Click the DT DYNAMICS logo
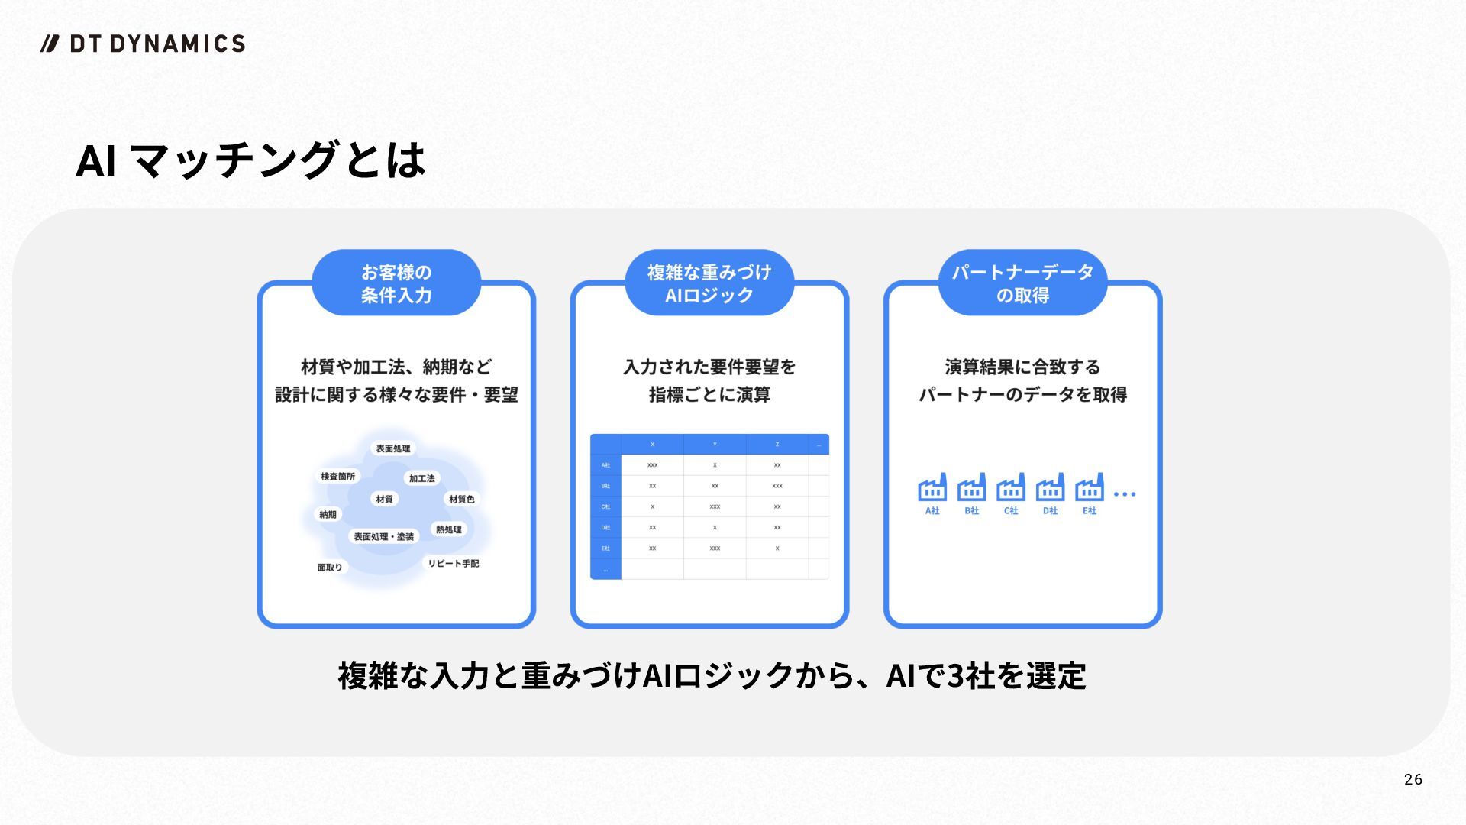tap(143, 44)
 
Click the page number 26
tap(1413, 779)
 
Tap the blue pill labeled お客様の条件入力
tap(396, 283)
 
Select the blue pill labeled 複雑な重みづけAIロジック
tap(709, 283)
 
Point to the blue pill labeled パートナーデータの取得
tap(1022, 283)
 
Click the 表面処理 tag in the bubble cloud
tap(392, 448)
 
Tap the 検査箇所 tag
tap(337, 477)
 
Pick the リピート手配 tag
tap(453, 564)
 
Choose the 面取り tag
tap(330, 567)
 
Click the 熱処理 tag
tap(448, 529)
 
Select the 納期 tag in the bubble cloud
tap(328, 515)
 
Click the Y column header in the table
tap(715, 445)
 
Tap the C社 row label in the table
tap(605, 506)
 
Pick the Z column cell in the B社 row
tap(777, 486)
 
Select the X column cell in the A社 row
tap(652, 465)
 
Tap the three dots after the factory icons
tap(1125, 494)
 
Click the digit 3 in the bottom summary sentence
tap(954, 676)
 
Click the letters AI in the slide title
tap(96, 160)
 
